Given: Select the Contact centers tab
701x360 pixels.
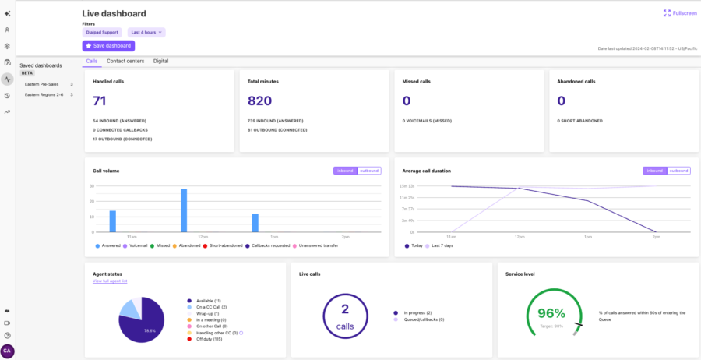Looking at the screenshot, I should pos(125,61).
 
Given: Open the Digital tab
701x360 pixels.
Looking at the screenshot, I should pos(160,61).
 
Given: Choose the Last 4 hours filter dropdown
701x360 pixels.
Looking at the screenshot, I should pos(146,32).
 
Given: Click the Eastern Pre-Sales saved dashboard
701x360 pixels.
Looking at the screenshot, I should pos(43,84).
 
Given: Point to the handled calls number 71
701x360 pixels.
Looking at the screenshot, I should pos(100,101).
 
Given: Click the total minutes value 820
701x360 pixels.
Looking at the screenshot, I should pos(260,101).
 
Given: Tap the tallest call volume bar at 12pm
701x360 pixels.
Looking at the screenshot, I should pos(184,210).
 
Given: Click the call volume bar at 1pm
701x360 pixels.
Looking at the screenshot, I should pos(255,223).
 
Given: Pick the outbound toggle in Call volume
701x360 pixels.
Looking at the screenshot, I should pos(368,171).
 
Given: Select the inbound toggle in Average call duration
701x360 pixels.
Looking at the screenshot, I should pos(655,171).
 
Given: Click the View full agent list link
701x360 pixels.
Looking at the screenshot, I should pos(110,281).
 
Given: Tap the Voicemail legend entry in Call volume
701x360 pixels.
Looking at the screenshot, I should pos(139,245).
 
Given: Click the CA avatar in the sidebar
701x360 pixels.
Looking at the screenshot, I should pos(8,351).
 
